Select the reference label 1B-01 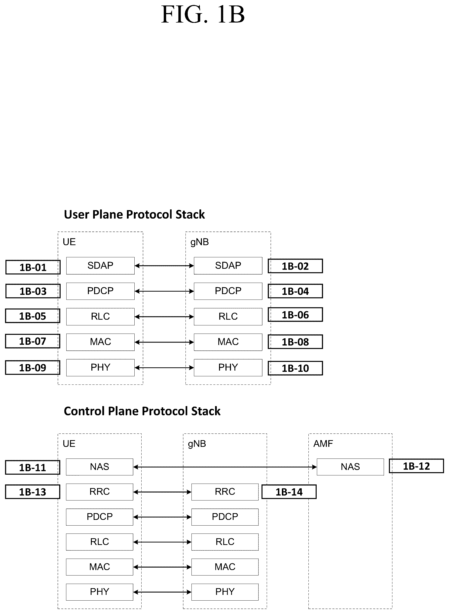pyautogui.click(x=33, y=267)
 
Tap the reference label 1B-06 pyautogui.click(x=296, y=315)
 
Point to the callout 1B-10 pyautogui.click(x=296, y=368)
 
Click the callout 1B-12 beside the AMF pyautogui.click(x=416, y=466)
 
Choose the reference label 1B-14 pyautogui.click(x=289, y=492)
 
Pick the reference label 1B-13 pyautogui.click(x=33, y=492)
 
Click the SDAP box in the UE pyautogui.click(x=100, y=266)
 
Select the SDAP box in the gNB pyautogui.click(x=228, y=266)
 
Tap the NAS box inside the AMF pyautogui.click(x=350, y=467)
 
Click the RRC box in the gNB pyautogui.click(x=225, y=492)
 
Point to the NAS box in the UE pyautogui.click(x=100, y=467)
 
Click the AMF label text pyautogui.click(x=323, y=444)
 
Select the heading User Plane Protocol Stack pyautogui.click(x=134, y=214)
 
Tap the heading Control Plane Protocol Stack pyautogui.click(x=142, y=411)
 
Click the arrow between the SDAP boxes pyautogui.click(x=164, y=266)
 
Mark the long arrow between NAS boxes pyautogui.click(x=225, y=467)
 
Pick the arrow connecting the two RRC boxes pyautogui.click(x=162, y=492)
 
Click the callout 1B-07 pyautogui.click(x=33, y=341)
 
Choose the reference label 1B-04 pyautogui.click(x=296, y=291)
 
